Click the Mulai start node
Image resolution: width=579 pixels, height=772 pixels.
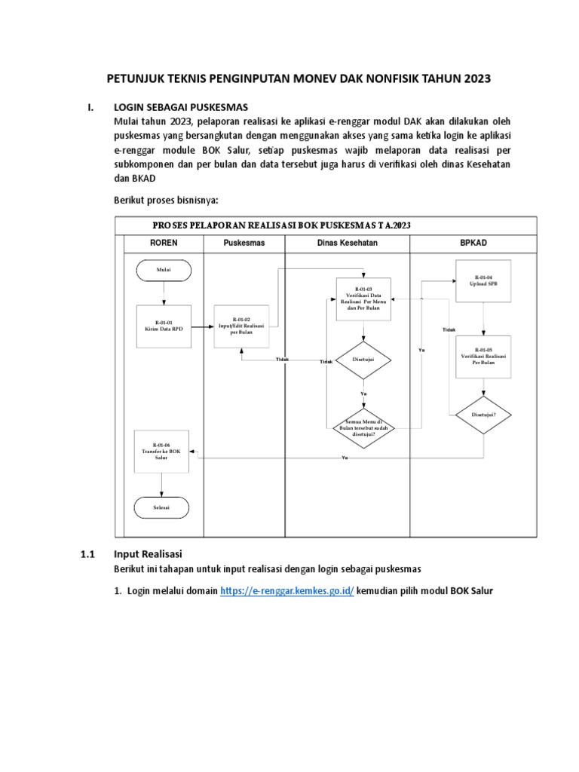click(164, 269)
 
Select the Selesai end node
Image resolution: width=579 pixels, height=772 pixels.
click(162, 507)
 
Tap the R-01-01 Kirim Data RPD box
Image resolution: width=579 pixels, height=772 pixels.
click(164, 326)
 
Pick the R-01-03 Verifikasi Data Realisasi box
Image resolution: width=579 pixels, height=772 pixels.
click(363, 299)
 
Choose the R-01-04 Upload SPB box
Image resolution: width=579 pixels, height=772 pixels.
click(483, 280)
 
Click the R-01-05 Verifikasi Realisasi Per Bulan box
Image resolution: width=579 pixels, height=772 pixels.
click(483, 356)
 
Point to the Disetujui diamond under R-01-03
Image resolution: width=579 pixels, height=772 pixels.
click(363, 360)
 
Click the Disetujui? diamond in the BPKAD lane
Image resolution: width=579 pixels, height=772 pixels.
click(483, 414)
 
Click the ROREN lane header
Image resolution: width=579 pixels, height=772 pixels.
click(164, 244)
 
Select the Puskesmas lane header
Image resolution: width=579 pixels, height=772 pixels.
click(244, 244)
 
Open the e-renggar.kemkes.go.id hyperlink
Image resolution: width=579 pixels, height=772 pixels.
click(287, 591)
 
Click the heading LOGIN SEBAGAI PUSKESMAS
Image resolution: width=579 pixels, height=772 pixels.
click(180, 107)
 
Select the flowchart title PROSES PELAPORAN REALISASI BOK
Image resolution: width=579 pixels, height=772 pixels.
click(281, 225)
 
